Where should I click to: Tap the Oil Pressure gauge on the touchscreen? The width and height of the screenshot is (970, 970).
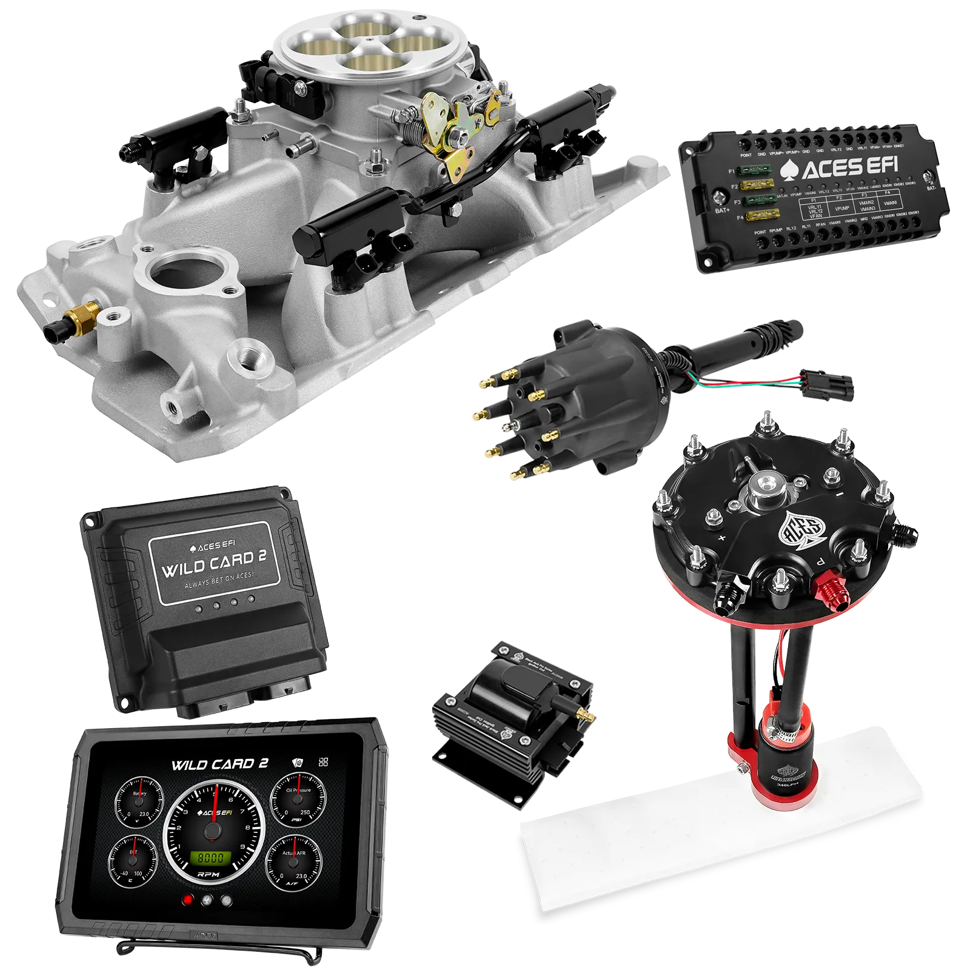click(298, 798)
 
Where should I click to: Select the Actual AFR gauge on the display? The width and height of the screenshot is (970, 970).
click(294, 861)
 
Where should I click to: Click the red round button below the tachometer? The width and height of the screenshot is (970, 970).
click(188, 900)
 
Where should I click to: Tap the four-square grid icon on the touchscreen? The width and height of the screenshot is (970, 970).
click(323, 762)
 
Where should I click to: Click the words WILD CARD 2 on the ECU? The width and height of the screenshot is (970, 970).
click(213, 564)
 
